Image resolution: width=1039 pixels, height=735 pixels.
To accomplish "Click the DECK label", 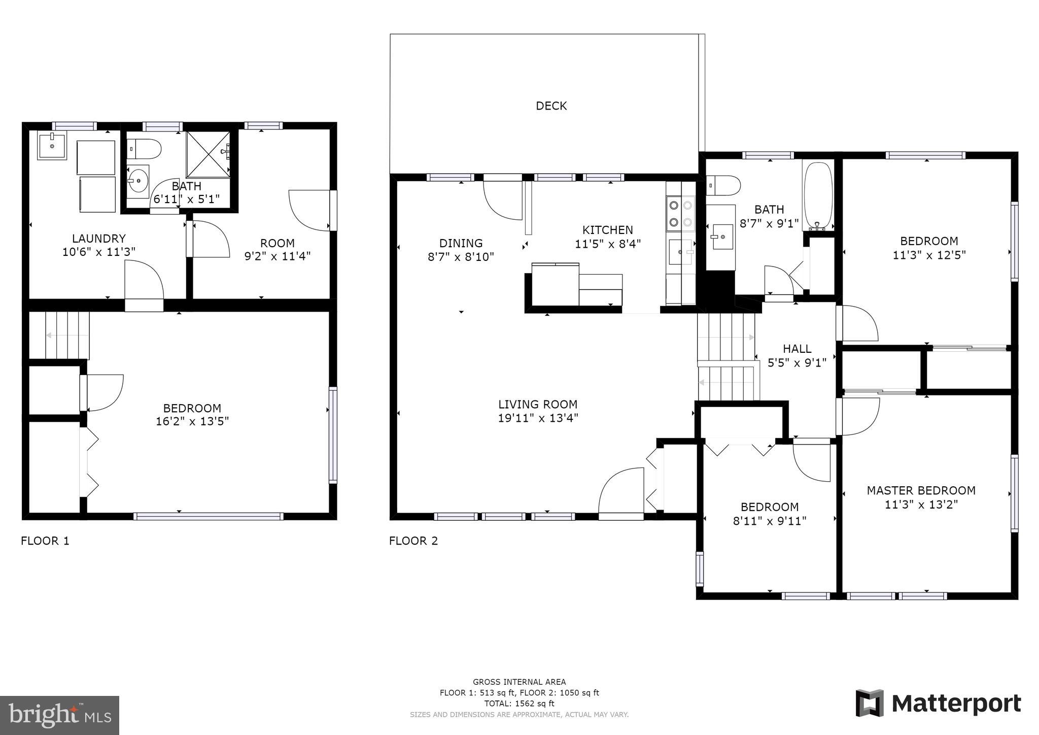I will pyautogui.click(x=551, y=106).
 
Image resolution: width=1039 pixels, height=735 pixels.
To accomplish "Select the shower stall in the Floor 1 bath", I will pyautogui.click(x=208, y=154).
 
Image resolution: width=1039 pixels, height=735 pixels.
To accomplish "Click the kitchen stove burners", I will pyautogui.click(x=680, y=214).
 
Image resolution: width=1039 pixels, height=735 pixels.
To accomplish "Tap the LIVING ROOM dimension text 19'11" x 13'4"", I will pyautogui.click(x=538, y=418).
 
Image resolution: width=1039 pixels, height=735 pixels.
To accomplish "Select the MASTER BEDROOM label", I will pyautogui.click(x=921, y=490).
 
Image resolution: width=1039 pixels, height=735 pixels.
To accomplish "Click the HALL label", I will pyautogui.click(x=796, y=349).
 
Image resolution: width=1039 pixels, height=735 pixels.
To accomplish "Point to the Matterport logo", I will pyautogui.click(x=939, y=704).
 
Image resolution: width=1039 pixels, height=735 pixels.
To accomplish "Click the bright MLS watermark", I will pyautogui.click(x=59, y=715).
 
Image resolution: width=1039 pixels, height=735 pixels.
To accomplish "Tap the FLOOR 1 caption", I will pyautogui.click(x=45, y=541).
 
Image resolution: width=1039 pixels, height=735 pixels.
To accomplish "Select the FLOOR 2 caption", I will pyautogui.click(x=413, y=541).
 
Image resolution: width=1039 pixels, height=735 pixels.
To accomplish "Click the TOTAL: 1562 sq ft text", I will pyautogui.click(x=519, y=704).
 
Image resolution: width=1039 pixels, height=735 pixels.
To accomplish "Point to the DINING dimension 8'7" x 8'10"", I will pyautogui.click(x=461, y=257).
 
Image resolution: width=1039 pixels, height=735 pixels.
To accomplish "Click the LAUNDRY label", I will pyautogui.click(x=98, y=239).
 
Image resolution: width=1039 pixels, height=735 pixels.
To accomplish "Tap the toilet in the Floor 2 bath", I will pyautogui.click(x=722, y=185).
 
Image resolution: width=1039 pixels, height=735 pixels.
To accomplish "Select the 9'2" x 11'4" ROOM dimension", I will pyautogui.click(x=277, y=256).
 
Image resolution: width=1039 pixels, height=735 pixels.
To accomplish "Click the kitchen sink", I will pyautogui.click(x=680, y=252).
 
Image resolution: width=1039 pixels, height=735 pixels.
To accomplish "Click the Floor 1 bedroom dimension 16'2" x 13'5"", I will pyautogui.click(x=192, y=421).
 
